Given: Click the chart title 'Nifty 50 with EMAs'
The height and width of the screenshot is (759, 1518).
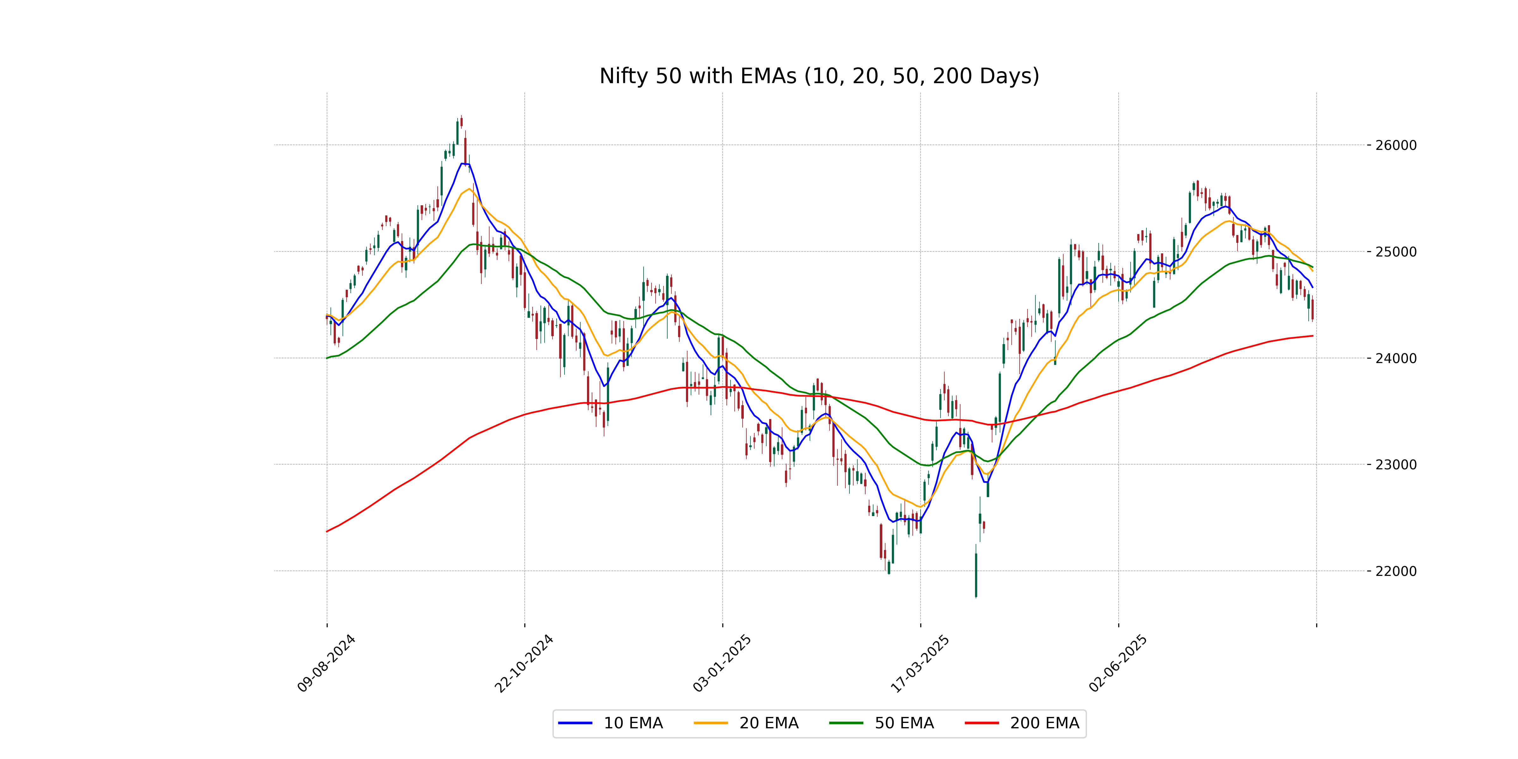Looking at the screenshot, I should [819, 76].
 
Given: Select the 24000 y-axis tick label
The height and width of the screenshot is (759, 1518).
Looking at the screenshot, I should [1395, 358].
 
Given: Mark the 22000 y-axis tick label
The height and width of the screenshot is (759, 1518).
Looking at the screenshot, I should [1395, 571].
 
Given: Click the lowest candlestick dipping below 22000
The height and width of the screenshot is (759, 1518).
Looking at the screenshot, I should [976, 575].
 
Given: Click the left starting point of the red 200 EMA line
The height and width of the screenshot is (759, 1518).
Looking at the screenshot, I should [327, 532].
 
